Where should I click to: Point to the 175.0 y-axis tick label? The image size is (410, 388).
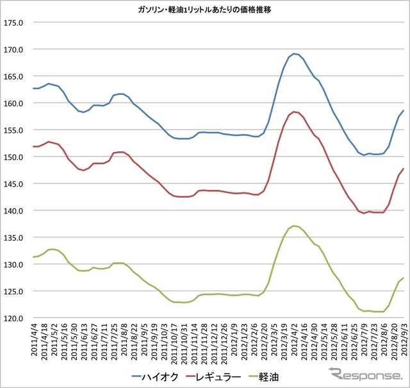pos(13,22)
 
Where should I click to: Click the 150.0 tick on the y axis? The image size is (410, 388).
pos(13,157)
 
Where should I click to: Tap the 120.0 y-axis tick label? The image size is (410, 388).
pos(13,318)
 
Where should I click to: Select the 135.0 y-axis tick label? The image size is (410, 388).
pos(13,237)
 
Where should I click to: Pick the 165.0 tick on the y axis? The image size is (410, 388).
pos(13,76)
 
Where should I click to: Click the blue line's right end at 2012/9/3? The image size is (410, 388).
pos(403,110)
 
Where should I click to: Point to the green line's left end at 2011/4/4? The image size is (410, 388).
pos(33,257)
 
